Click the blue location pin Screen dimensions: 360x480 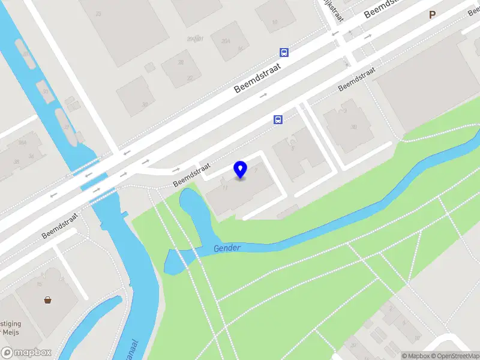pos(241,169)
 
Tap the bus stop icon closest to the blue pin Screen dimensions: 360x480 pos(278,119)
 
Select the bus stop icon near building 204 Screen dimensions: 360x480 pos(284,52)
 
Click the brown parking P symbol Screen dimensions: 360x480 pos(432,15)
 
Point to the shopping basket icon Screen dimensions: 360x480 pos(47,299)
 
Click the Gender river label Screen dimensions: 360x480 pos(227,248)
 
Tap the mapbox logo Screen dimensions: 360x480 pos(26,353)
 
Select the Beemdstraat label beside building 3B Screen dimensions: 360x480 pos(356,79)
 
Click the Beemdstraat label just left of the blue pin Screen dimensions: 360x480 pos(193,175)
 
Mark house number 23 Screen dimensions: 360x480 pos(98,13)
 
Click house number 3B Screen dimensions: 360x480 pos(353,127)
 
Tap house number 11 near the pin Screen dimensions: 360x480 pos(225,188)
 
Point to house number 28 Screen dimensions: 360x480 pos(180,62)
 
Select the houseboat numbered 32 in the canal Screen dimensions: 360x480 pos(66,127)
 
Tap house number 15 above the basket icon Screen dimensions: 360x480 pos(40,283)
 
